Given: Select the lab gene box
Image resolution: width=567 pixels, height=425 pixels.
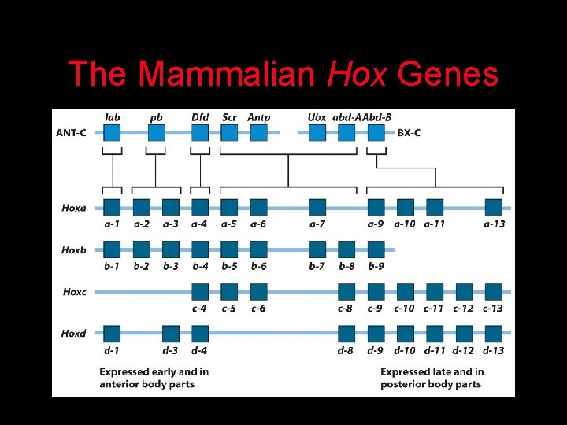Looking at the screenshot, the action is pyautogui.click(x=113, y=132).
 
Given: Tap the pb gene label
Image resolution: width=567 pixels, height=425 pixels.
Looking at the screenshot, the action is pyautogui.click(x=156, y=117).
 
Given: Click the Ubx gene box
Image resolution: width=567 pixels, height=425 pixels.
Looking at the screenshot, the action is pyautogui.click(x=317, y=132).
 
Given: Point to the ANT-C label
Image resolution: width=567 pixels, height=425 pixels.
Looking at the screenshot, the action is pyautogui.click(x=71, y=132).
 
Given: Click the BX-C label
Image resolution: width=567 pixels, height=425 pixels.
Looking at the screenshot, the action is pyautogui.click(x=409, y=132).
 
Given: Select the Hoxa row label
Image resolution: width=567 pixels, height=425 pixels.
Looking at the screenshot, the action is pyautogui.click(x=74, y=208).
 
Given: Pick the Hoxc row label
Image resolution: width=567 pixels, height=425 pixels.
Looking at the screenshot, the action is pyautogui.click(x=74, y=292).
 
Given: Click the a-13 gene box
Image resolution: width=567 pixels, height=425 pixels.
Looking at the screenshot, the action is pyautogui.click(x=494, y=208).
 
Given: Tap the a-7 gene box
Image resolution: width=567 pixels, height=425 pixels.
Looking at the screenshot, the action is pyautogui.click(x=317, y=208).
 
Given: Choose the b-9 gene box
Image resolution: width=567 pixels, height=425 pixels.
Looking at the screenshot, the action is pyautogui.click(x=376, y=249).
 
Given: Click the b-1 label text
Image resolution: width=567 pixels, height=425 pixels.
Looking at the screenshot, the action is pyautogui.click(x=113, y=266).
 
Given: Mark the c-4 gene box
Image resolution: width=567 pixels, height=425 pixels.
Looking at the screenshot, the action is pyautogui.click(x=200, y=292).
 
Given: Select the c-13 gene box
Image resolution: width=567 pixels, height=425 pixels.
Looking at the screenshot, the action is pyautogui.click(x=494, y=292).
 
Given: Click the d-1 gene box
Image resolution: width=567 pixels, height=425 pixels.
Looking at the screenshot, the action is pyautogui.click(x=113, y=334).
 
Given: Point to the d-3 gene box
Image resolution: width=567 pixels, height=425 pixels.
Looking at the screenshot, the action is pyautogui.click(x=171, y=334).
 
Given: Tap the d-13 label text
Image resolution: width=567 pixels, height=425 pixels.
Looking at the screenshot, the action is pyautogui.click(x=494, y=350).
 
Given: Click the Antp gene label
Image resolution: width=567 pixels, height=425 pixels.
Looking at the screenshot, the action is pyautogui.click(x=258, y=117).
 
